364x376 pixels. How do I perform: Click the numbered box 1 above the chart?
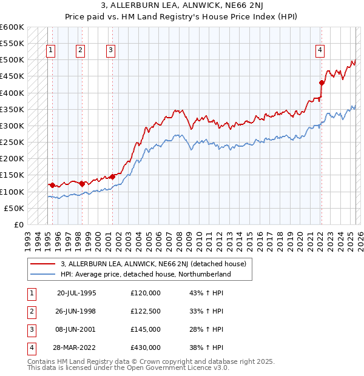coord(50,50)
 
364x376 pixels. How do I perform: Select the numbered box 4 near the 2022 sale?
coord(319,50)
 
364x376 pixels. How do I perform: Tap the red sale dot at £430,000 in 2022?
coord(322,82)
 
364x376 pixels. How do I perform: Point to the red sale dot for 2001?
coord(112,176)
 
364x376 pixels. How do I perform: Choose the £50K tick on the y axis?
coord(15,208)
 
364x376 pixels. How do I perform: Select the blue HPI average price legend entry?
coord(146,274)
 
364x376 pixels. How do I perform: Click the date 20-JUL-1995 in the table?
coord(76,293)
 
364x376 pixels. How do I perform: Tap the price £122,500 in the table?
coord(146,311)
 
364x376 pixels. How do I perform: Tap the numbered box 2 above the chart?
coord(80,50)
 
